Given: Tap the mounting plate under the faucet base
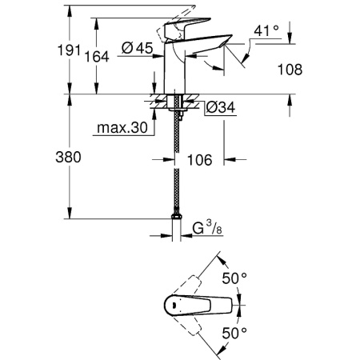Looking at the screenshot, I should coord(174,102).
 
